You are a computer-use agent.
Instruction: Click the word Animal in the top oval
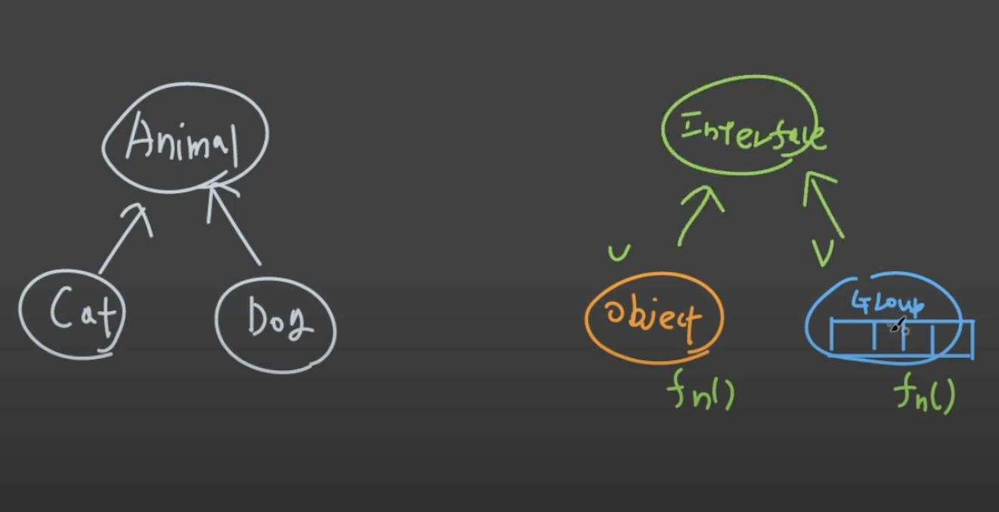pyautogui.click(x=182, y=141)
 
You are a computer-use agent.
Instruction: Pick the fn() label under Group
pyautogui.click(x=924, y=393)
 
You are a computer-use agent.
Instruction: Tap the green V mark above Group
pyautogui.click(x=823, y=252)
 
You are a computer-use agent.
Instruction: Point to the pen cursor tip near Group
pyautogui.click(x=893, y=329)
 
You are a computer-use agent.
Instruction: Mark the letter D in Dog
pyautogui.click(x=255, y=320)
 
